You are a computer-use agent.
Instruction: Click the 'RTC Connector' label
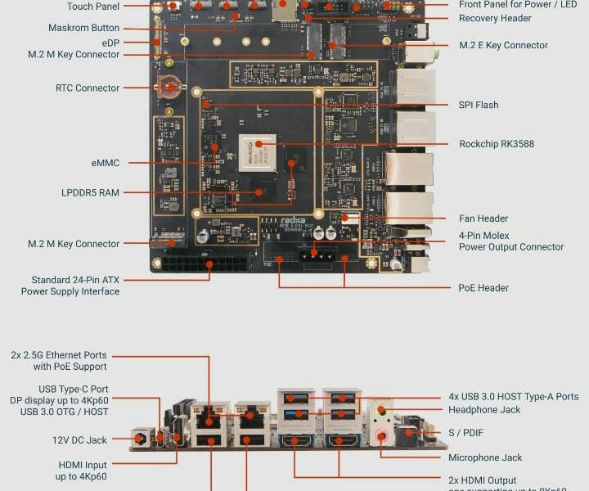(88, 88)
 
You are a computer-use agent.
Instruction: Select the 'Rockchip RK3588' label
(497, 144)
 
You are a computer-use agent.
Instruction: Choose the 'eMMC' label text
(106, 163)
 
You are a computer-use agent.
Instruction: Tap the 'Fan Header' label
(483, 218)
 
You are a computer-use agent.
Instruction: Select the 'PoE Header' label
(483, 288)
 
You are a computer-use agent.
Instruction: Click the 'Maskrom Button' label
(83, 28)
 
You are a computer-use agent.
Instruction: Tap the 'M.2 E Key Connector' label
(503, 45)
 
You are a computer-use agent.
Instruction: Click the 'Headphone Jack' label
(484, 409)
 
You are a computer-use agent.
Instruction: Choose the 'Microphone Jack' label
(485, 457)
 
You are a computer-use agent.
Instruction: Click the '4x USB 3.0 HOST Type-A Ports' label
(514, 397)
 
